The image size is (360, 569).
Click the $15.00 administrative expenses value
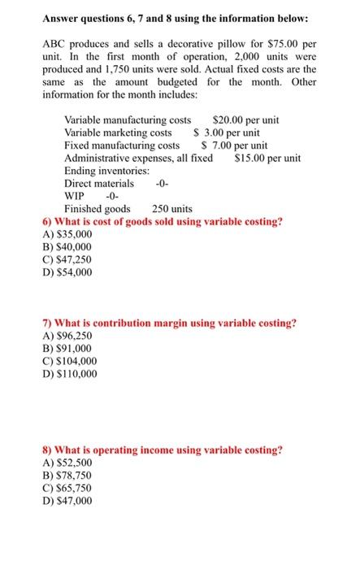[x=267, y=158]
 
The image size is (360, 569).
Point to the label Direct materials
[x=99, y=183]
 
